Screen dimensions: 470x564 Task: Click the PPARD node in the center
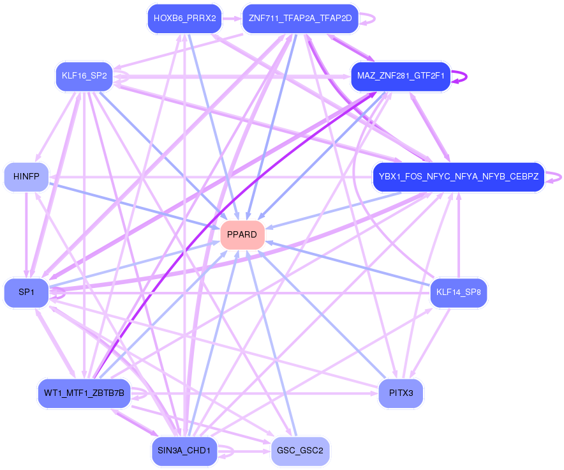tap(242, 235)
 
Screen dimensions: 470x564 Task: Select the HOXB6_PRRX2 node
tap(184, 19)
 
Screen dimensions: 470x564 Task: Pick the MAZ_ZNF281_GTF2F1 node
tap(401, 77)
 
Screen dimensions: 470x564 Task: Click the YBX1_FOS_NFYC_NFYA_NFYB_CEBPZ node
tap(458, 176)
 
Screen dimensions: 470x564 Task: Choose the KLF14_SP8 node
tap(458, 292)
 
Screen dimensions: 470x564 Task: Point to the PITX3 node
tap(401, 393)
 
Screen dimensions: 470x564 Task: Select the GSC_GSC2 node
tap(300, 451)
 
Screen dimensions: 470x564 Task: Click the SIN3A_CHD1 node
tap(185, 451)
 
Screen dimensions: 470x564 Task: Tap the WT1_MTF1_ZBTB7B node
tap(84, 391)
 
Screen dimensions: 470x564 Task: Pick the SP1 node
tap(26, 292)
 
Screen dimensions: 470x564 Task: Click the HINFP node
tap(26, 176)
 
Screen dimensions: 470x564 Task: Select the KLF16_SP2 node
tap(84, 77)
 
